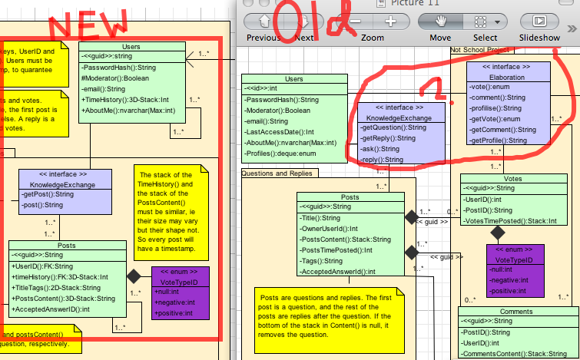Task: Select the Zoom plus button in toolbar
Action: [390, 21]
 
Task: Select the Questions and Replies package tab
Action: [274, 173]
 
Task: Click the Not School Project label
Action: [480, 49]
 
